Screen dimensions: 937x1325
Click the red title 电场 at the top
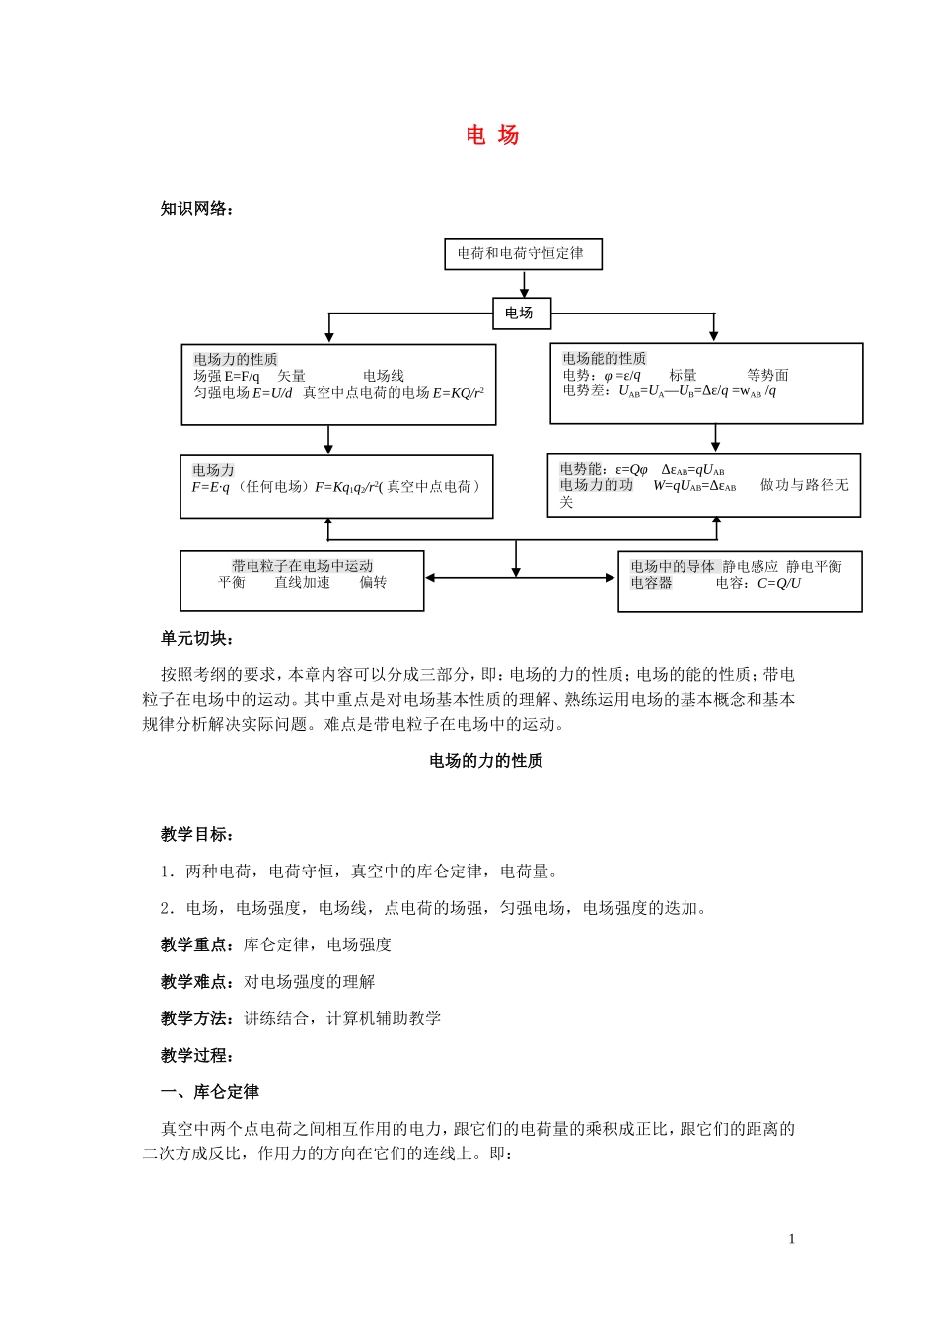pos(492,136)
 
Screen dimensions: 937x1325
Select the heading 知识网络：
pos(197,208)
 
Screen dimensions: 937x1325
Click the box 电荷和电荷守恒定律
pos(522,254)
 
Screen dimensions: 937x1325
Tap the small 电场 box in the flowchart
pos(520,314)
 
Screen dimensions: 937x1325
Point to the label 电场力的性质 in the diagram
pos(236,359)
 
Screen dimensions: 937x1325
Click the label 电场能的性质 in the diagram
pos(604,358)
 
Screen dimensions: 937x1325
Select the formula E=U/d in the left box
pos(272,392)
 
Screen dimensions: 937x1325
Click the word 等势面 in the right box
pos(767,375)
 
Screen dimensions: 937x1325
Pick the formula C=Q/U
pos(779,583)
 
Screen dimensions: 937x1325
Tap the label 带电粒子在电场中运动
pos(302,566)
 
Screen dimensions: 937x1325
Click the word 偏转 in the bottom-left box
pos(373,582)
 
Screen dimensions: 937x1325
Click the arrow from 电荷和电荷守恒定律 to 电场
pos(524,284)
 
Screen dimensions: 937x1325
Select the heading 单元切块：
pos(197,638)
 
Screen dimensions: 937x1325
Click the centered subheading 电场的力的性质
pos(486,760)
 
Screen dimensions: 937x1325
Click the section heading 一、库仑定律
pos(210,1091)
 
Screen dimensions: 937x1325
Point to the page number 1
pos(791,1239)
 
